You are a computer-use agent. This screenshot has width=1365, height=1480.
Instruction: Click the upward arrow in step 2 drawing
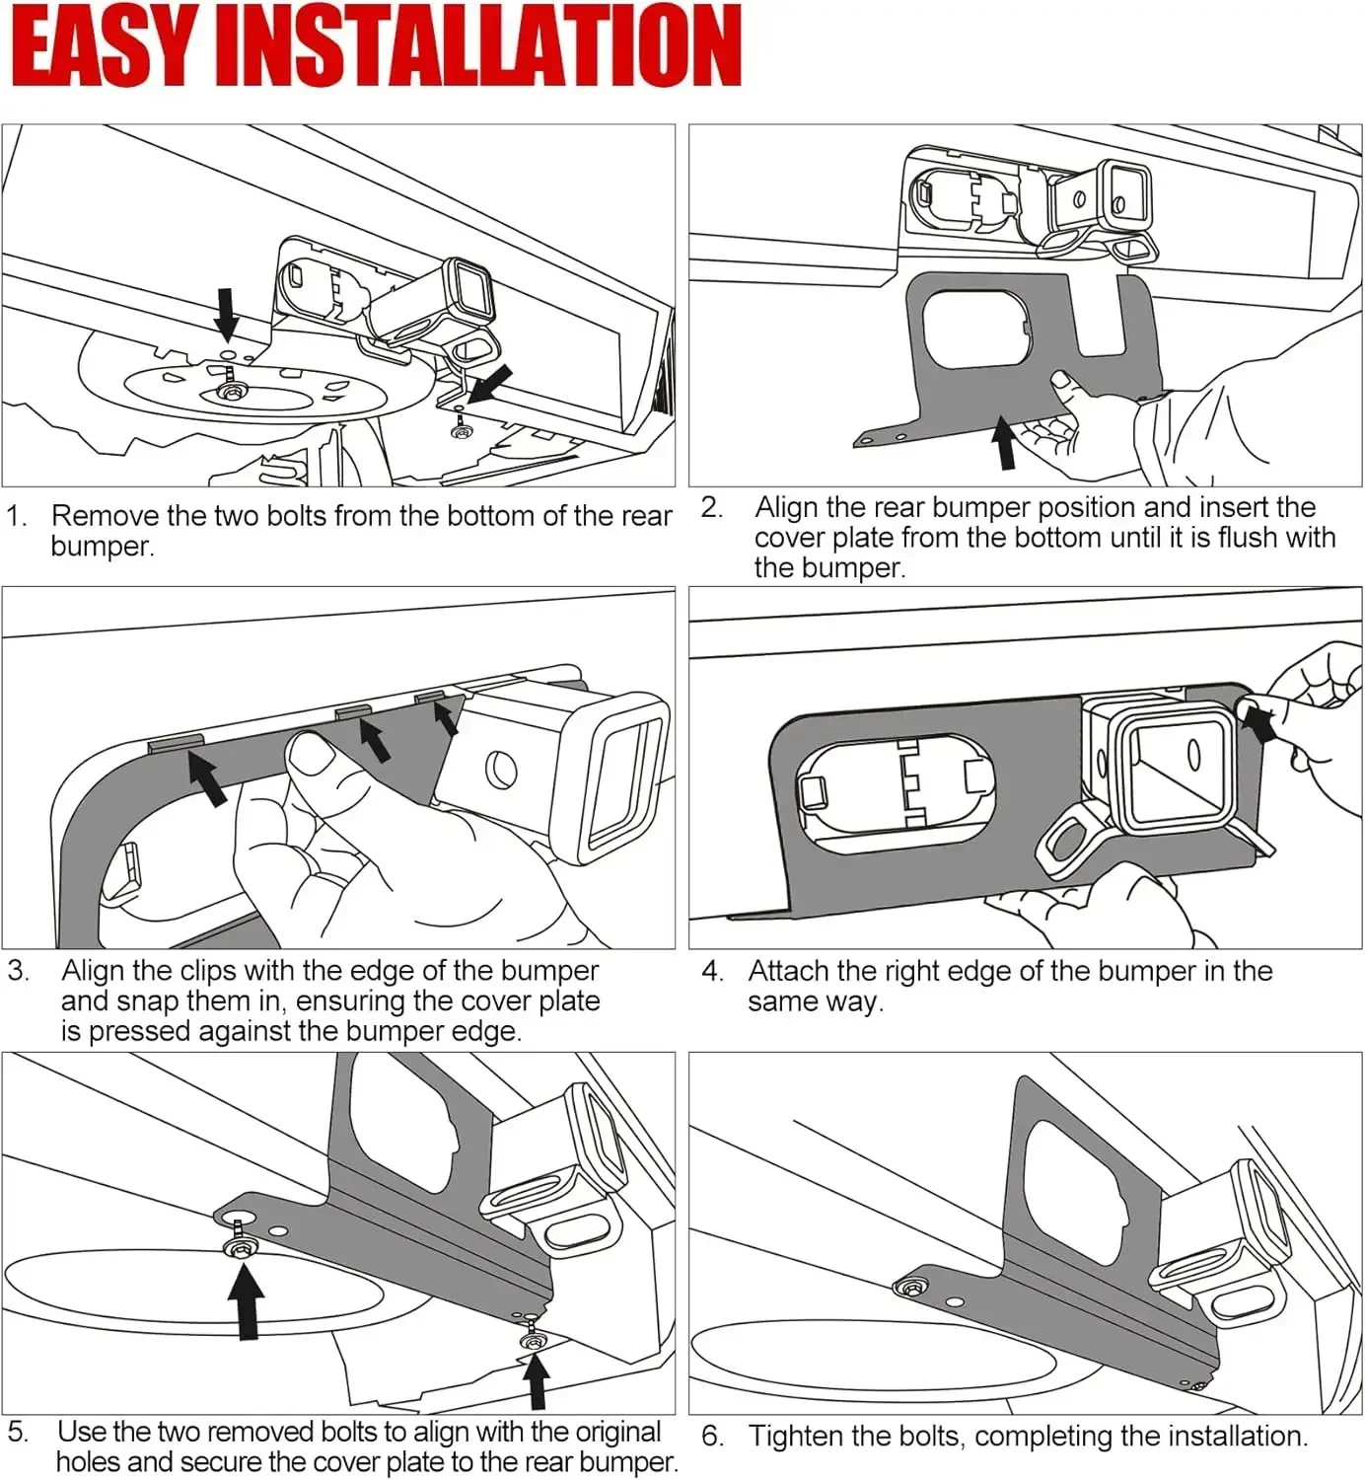click(x=1005, y=442)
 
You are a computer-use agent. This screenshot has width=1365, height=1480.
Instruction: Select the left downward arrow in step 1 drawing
click(x=227, y=314)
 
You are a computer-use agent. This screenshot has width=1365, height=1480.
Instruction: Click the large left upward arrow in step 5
click(x=246, y=1299)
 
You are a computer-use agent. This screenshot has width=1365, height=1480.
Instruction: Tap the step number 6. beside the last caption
click(x=712, y=1436)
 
